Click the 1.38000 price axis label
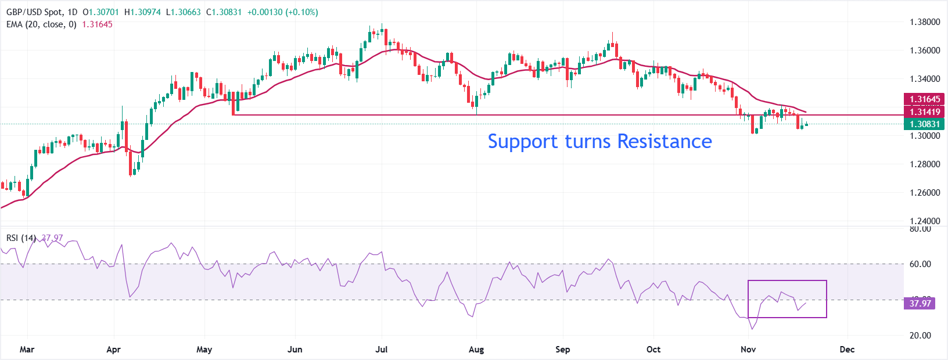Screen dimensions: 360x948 (924, 22)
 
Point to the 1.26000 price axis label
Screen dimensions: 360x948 (924, 192)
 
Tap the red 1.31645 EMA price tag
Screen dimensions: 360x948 (925, 99)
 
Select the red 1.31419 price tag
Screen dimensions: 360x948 (925, 112)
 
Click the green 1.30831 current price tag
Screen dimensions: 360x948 (925, 124)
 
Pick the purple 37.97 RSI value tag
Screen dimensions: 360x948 (920, 303)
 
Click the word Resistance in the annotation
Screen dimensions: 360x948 (664, 141)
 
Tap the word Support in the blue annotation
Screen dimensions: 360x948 (523, 141)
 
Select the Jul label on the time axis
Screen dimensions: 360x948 (382, 350)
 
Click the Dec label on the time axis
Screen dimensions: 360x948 (847, 350)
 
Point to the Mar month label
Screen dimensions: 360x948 (27, 350)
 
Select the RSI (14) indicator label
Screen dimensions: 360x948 (21, 238)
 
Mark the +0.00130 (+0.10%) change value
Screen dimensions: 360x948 (282, 12)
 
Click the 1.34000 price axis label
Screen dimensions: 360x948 (924, 79)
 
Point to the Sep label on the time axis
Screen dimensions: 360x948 (562, 350)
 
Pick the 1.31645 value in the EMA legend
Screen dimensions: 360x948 (97, 24)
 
